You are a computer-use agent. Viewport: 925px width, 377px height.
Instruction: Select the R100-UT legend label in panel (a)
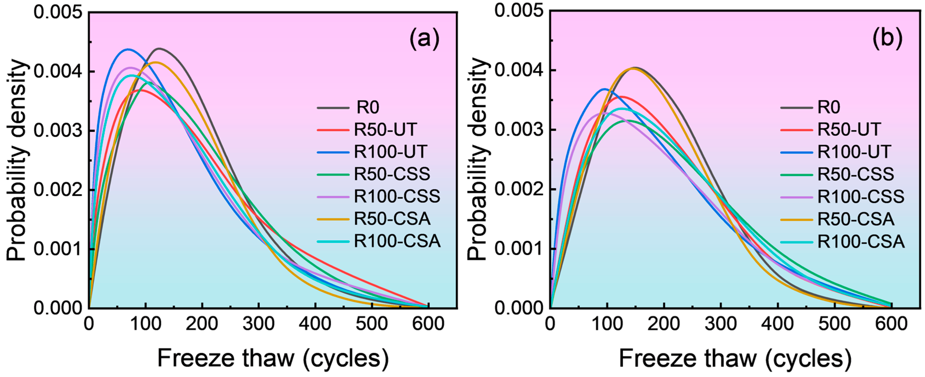(x=391, y=152)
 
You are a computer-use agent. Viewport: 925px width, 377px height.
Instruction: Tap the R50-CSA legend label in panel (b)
(x=856, y=219)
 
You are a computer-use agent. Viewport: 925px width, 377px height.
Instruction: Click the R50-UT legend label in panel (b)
(x=849, y=129)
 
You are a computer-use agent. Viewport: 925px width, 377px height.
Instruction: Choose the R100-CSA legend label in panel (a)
(x=397, y=241)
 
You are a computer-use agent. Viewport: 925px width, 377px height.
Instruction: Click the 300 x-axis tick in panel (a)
(x=259, y=324)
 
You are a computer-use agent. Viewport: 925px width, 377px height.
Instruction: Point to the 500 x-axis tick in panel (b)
(x=835, y=324)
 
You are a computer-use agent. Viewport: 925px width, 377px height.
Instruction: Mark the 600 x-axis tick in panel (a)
(x=428, y=324)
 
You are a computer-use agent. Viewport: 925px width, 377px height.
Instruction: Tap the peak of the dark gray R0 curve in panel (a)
(x=159, y=48)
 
